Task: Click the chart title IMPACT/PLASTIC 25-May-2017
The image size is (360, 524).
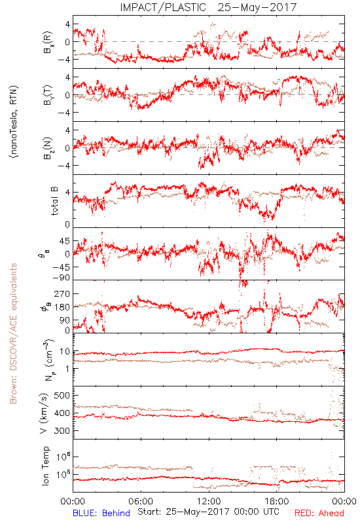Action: (208, 7)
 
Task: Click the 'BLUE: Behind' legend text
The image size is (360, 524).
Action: (101, 514)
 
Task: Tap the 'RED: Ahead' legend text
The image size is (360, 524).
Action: (319, 514)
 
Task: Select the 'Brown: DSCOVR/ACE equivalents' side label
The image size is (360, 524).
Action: (13, 333)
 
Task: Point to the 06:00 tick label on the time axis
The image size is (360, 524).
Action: (141, 501)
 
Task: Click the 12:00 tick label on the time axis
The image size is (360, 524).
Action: (209, 501)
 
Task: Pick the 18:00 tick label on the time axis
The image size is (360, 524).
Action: (277, 501)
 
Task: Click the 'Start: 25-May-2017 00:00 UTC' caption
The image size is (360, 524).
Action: (208, 512)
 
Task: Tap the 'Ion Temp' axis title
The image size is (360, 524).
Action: (46, 466)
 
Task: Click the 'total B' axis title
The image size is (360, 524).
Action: (54, 201)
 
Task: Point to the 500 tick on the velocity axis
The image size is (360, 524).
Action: (62, 396)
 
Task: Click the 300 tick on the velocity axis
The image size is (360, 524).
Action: (62, 431)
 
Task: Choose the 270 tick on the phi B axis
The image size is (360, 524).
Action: (62, 294)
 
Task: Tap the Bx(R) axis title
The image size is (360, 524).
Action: (48, 42)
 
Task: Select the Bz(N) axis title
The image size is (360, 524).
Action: (48, 148)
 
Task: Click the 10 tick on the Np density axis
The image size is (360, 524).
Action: (65, 352)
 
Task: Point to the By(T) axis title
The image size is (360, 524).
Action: (48, 95)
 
